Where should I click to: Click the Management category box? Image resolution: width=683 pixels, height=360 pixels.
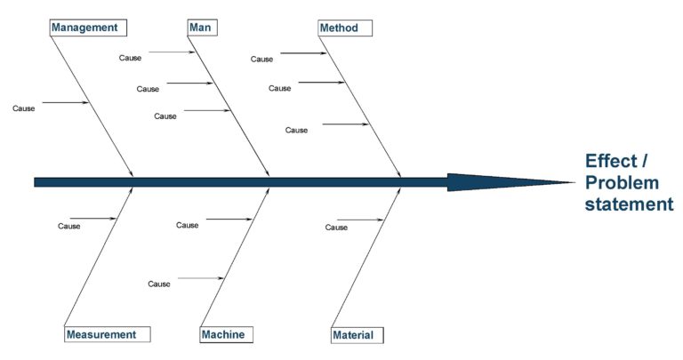(88, 28)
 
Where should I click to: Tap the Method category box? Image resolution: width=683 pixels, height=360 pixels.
(345, 28)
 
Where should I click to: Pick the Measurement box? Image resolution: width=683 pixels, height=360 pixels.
(107, 334)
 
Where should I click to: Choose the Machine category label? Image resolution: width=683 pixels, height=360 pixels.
(227, 335)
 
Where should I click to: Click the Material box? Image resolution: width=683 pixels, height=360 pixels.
(358, 335)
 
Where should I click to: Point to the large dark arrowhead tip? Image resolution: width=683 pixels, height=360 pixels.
(575, 182)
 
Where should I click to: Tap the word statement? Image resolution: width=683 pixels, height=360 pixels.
(629, 204)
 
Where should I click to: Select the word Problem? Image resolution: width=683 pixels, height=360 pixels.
(622, 183)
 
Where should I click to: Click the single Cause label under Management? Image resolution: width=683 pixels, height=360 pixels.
(23, 108)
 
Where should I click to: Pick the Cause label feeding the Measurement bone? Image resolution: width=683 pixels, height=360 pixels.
(68, 226)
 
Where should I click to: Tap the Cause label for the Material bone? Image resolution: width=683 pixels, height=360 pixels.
(336, 228)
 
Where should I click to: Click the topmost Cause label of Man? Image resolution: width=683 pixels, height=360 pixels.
(130, 58)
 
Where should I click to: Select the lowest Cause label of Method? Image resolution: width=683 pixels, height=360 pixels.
(296, 130)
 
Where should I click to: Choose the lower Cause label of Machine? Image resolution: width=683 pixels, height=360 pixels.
(159, 284)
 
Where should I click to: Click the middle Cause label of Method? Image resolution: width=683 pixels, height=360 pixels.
(279, 88)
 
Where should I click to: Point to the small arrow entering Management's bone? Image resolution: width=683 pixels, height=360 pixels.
(65, 103)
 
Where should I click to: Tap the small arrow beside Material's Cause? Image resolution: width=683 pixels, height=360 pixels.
(360, 220)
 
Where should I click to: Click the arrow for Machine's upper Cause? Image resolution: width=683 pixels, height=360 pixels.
(229, 219)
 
